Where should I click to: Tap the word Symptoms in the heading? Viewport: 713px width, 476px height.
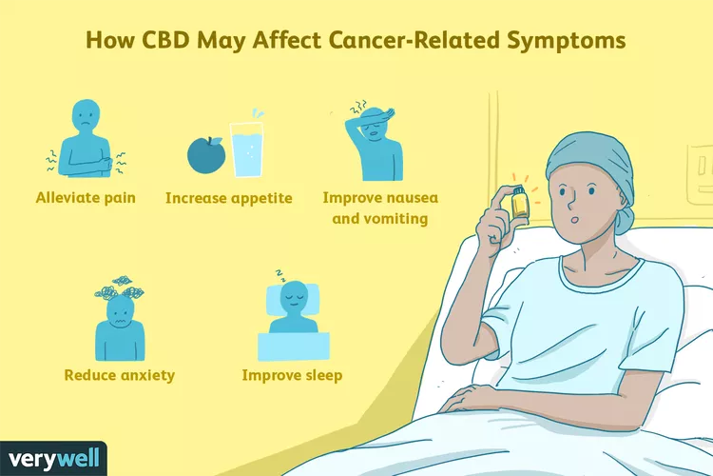pyautogui.click(x=567, y=41)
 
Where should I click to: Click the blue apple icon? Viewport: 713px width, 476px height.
pyautogui.click(x=206, y=154)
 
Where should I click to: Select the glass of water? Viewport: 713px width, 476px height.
pyautogui.click(x=246, y=149)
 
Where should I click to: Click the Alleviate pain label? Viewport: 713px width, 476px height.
pyautogui.click(x=86, y=198)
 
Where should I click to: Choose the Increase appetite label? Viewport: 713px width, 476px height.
pyautogui.click(x=229, y=198)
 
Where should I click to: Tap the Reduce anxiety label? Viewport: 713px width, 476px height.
pyautogui.click(x=120, y=375)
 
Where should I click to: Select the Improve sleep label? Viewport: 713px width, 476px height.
pyautogui.click(x=293, y=375)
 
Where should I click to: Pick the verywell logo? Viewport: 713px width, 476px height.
pyautogui.click(x=53, y=458)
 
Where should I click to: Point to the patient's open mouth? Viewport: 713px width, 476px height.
pyautogui.click(x=574, y=220)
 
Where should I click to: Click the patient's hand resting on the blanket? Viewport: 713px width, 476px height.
pyautogui.click(x=472, y=397)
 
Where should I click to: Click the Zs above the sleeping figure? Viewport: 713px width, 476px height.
pyautogui.click(x=279, y=275)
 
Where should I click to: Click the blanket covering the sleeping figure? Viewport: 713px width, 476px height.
pyautogui.click(x=294, y=347)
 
